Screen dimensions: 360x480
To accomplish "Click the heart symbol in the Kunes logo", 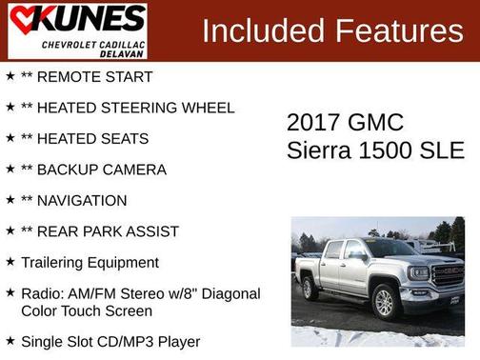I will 22,18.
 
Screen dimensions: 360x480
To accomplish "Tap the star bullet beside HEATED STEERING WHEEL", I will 10,108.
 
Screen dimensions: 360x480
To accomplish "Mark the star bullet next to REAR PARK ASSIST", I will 10,231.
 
